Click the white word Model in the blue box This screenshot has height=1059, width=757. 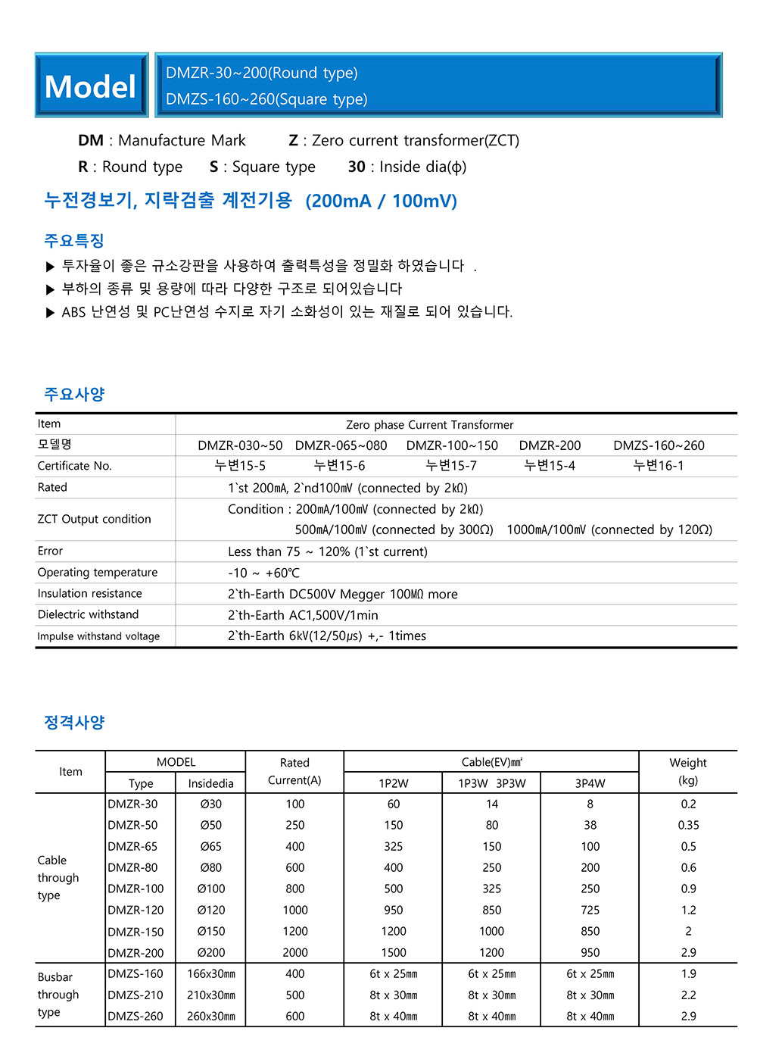[90, 86]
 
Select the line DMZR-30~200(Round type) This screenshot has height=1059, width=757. [262, 73]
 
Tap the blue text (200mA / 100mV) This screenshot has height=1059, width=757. [381, 201]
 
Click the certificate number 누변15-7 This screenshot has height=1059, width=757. [451, 466]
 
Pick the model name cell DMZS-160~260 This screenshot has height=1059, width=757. [659, 445]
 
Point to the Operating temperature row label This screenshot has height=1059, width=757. [98, 573]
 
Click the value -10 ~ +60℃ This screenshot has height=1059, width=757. [263, 573]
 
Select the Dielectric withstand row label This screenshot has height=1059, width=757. [88, 614]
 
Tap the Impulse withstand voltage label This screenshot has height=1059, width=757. [98, 636]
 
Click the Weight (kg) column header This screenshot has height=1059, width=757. [687, 771]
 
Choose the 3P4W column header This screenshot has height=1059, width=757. [590, 783]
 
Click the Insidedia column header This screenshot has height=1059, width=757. [210, 783]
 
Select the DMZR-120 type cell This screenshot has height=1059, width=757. [136, 910]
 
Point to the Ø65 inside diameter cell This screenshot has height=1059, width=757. [210, 846]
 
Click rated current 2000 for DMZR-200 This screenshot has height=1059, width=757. [294, 952]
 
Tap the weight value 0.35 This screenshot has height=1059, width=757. [688, 825]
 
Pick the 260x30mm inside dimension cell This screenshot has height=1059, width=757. [210, 1016]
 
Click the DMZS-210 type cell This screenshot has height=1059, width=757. [136, 995]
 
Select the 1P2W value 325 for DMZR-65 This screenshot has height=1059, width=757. [393, 846]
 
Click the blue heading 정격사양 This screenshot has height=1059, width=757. [74, 722]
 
